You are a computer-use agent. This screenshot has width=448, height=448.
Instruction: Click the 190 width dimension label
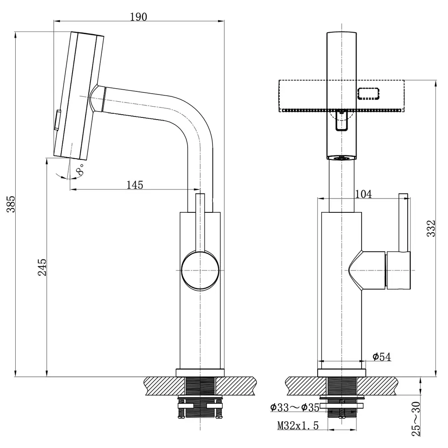coord(138,17)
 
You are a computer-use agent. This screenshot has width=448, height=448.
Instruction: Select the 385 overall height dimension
coord(11,204)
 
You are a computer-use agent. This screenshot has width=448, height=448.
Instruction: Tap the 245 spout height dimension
coord(42,267)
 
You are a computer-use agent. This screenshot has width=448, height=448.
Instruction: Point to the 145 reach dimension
coord(135,185)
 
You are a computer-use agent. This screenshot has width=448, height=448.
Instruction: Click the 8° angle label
coord(80,169)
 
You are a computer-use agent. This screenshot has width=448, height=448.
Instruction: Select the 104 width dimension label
coord(363,194)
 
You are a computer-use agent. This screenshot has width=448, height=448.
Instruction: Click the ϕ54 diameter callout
coord(382,357)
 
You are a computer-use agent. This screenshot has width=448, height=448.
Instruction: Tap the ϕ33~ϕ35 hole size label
coord(295,407)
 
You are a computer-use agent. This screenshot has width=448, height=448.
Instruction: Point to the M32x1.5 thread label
coord(298,426)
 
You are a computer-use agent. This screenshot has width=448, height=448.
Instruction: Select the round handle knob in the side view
coord(200,270)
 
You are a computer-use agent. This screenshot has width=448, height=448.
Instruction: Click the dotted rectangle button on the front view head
coord(369,94)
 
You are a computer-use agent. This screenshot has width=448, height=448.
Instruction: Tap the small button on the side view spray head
coord(57,120)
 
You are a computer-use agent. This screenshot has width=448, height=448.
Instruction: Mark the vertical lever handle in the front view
coord(404,223)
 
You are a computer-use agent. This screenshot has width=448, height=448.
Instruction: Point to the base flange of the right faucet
coord(342,373)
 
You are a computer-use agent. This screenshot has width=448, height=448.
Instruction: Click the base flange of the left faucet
coord(200,373)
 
